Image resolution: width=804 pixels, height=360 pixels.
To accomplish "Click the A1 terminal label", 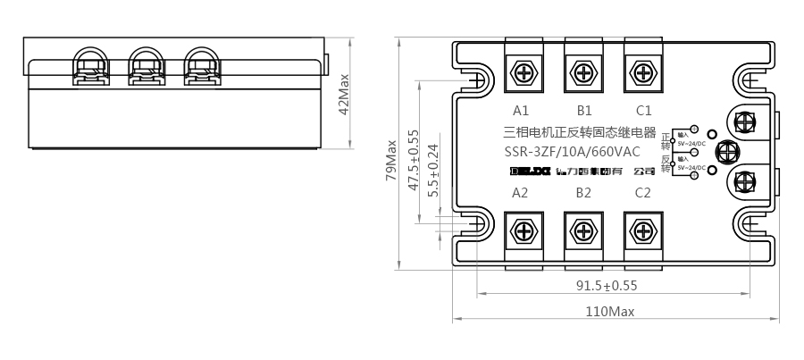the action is (x=522, y=112).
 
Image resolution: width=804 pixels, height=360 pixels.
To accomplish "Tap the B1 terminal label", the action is (x=584, y=112).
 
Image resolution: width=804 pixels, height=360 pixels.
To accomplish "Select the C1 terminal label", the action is (x=643, y=112).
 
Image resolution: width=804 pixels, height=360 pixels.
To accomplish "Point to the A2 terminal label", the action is (x=522, y=192).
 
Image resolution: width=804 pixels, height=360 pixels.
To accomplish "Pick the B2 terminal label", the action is (x=584, y=192).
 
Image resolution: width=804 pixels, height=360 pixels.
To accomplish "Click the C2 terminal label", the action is (x=643, y=192).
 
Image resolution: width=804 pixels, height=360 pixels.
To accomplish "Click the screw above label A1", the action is (x=523, y=71).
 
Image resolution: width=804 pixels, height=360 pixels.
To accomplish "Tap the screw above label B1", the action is (x=583, y=71).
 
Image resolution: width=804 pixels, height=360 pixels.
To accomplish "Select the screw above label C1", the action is (x=642, y=71).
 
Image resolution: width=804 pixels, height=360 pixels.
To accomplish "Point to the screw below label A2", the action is (x=523, y=230).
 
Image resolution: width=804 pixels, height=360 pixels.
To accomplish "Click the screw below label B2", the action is (x=583, y=230).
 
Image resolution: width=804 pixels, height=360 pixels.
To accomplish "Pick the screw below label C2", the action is (x=642, y=230).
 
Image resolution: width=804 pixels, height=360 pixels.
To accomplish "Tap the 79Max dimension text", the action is (x=391, y=161).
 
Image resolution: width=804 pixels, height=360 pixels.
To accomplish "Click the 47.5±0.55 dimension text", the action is (x=414, y=161).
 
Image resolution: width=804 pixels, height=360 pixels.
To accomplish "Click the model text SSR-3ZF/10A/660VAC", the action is (x=572, y=151).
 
